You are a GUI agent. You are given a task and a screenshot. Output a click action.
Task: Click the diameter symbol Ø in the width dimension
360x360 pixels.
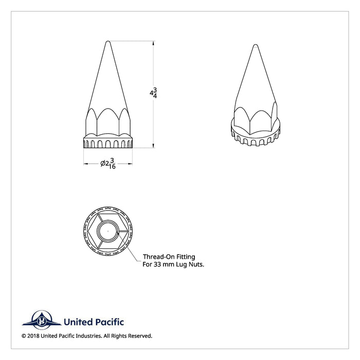(102, 164)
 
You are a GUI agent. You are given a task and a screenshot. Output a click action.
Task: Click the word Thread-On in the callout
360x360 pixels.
(153, 256)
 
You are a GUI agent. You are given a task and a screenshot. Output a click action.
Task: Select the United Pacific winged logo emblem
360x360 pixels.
(39, 321)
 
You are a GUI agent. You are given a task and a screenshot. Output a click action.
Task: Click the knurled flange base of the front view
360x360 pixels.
(107, 142)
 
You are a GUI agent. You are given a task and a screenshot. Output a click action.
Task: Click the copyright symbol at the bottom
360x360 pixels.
(24, 336)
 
